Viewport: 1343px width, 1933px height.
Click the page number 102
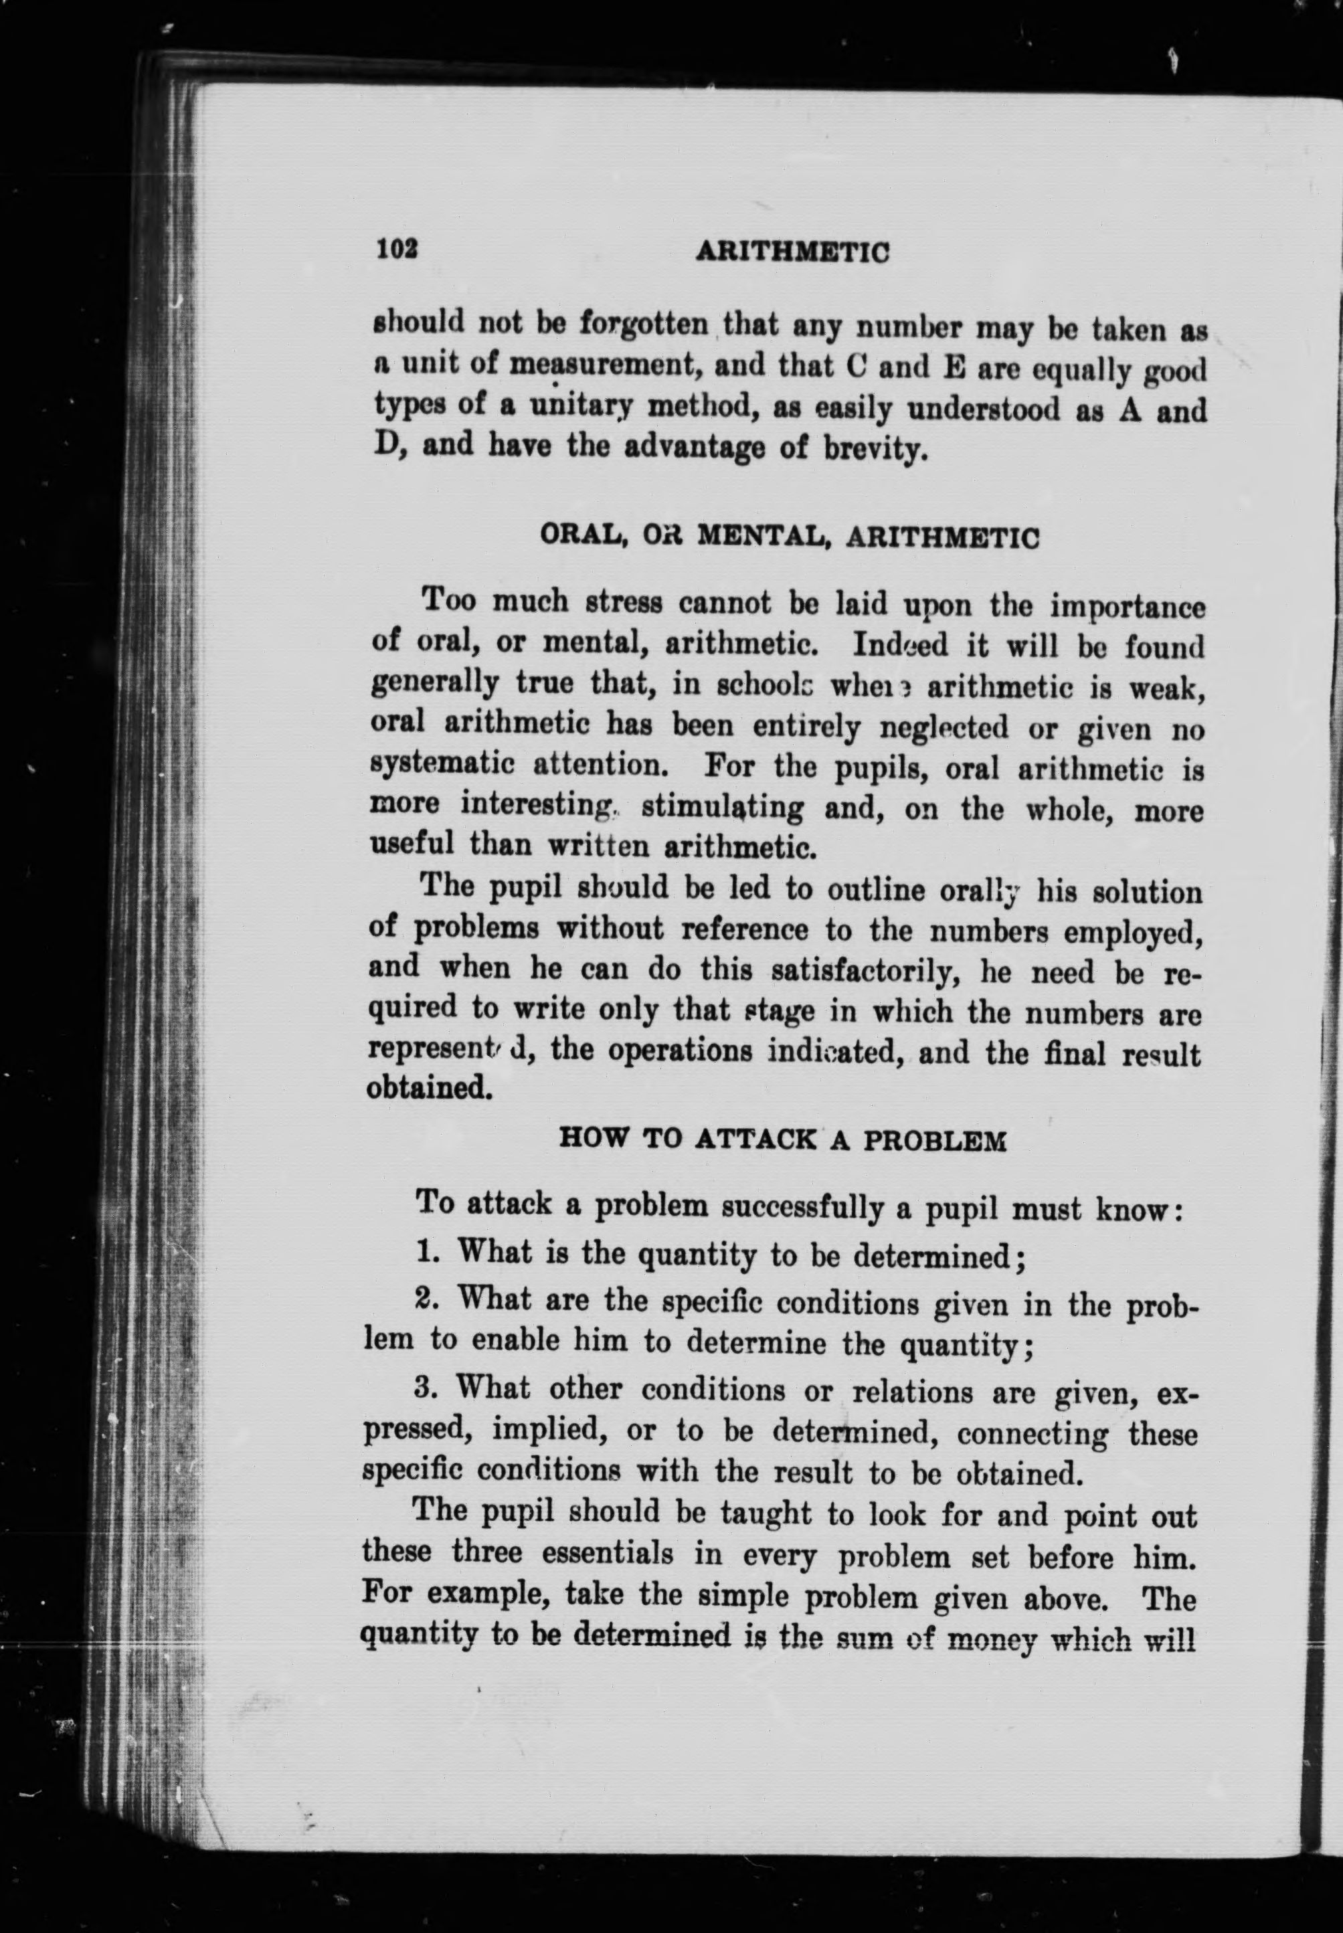(x=397, y=249)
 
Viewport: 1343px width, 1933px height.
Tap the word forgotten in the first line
(x=646, y=324)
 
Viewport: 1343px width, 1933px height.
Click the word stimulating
(x=721, y=808)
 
